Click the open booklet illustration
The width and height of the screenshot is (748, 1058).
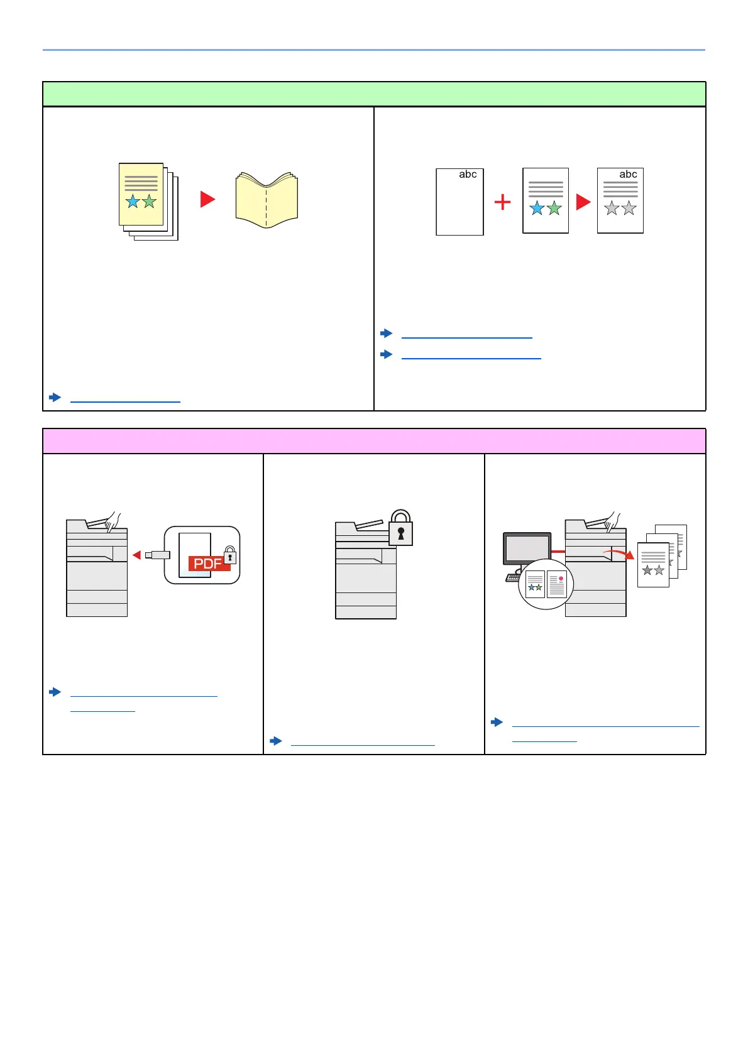[267, 200]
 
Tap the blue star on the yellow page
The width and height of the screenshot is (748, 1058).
[133, 202]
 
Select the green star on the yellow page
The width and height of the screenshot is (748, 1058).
[149, 202]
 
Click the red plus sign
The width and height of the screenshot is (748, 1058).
[502, 202]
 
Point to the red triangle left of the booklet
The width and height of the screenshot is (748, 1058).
[207, 199]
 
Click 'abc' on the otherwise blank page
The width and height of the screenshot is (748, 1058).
[468, 175]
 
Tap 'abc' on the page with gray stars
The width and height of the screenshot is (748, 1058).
[628, 175]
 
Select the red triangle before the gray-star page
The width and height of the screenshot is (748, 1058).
[583, 202]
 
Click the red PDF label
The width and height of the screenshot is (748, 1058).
[208, 564]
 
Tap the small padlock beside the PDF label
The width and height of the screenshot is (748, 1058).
[230, 555]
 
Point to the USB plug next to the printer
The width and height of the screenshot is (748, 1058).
[157, 555]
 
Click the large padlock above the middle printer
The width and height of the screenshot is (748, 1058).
[400, 528]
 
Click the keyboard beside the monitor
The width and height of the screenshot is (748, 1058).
[513, 577]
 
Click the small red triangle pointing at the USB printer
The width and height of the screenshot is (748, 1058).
[136, 555]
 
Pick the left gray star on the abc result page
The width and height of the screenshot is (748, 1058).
[612, 208]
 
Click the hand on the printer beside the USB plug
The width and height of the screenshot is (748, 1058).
[113, 521]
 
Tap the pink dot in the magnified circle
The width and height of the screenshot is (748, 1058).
[561, 579]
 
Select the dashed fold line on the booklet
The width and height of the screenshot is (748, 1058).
[267, 207]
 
